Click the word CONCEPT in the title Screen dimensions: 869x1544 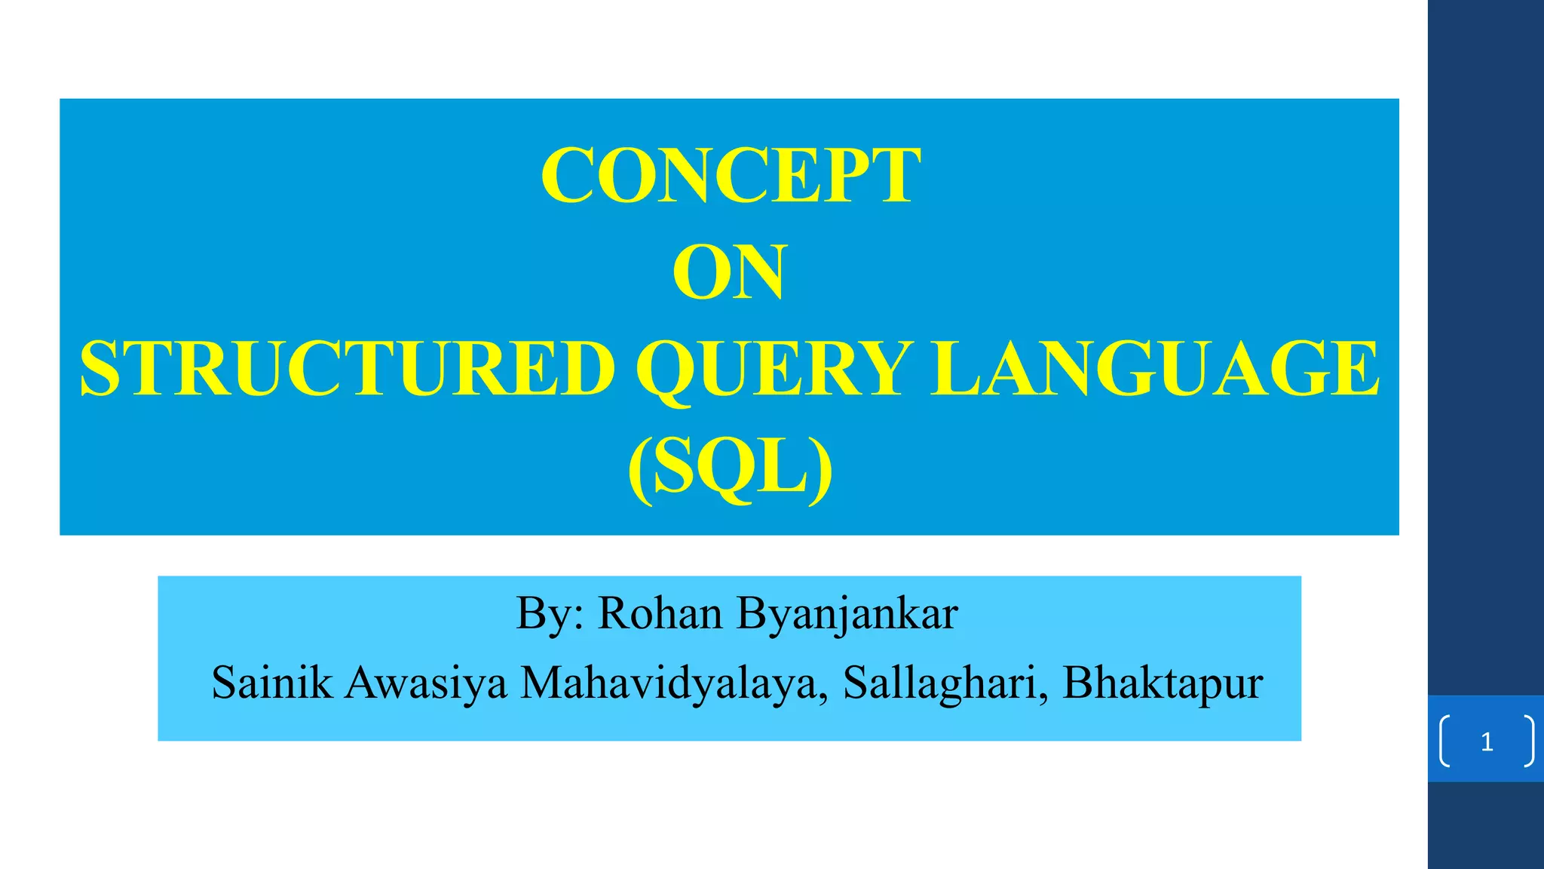[x=731, y=175]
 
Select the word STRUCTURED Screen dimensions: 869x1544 [x=348, y=369]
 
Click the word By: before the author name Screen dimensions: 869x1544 [x=550, y=613]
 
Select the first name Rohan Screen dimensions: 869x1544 [x=660, y=613]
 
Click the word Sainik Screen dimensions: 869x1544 [x=271, y=683]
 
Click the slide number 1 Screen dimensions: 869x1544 [x=1487, y=742]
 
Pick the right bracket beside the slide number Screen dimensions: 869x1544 [x=1529, y=742]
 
